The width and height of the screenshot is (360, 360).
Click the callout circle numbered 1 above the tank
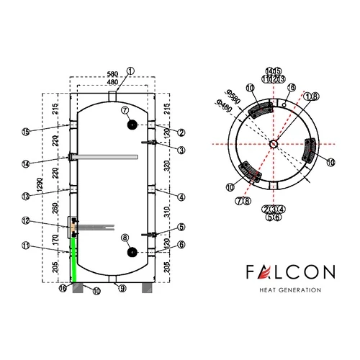coord(130,71)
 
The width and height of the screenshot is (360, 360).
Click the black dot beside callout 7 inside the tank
coord(132,124)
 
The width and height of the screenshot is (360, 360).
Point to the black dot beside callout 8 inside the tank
coord(132,251)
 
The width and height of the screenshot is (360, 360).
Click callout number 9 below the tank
coord(123,289)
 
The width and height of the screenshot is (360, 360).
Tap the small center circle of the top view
coord(274,144)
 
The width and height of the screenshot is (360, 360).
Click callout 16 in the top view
coord(291,88)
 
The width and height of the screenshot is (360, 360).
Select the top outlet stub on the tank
coord(112,96)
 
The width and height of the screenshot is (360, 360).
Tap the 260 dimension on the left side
coord(58,210)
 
